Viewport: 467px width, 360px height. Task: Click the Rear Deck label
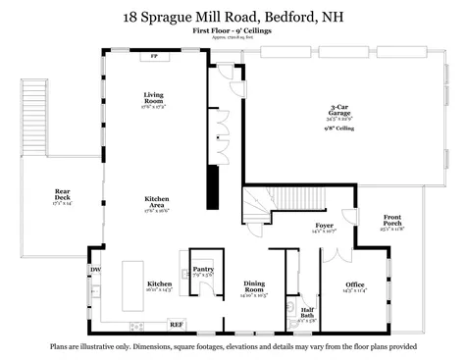(x=62, y=196)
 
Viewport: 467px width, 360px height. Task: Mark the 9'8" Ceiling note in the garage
(x=340, y=129)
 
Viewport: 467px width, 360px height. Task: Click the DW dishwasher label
(x=95, y=270)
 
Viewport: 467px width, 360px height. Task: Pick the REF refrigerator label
(x=176, y=324)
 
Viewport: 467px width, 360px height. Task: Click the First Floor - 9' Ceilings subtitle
(x=233, y=31)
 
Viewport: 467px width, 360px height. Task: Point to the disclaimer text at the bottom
(x=233, y=346)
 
